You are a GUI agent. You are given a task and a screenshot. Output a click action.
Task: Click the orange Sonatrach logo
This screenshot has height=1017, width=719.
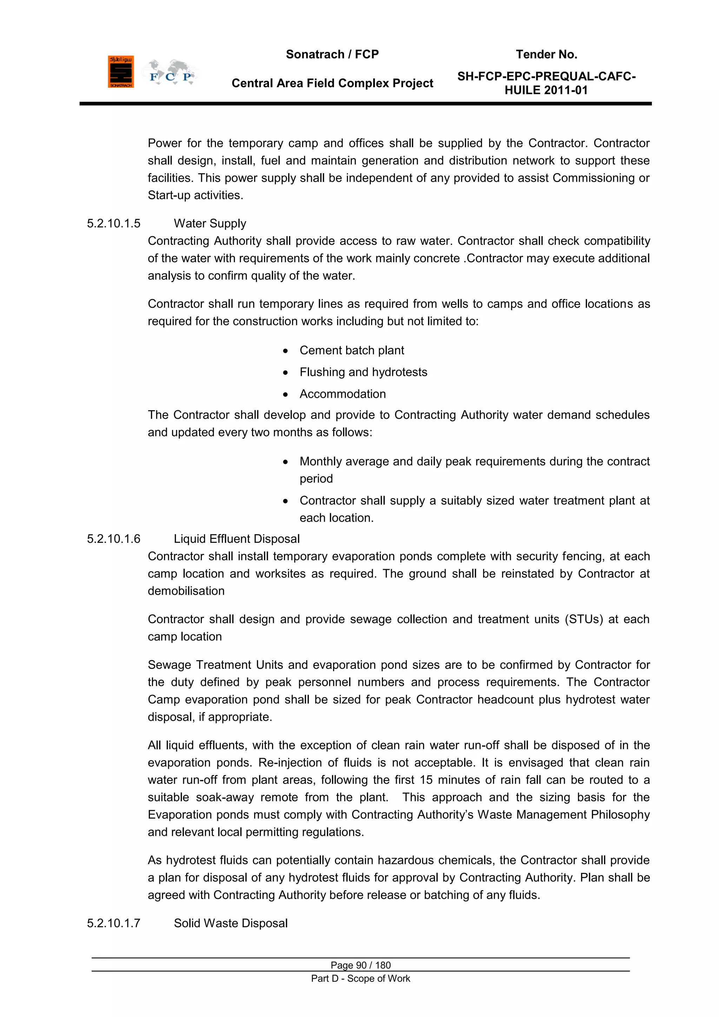click(120, 71)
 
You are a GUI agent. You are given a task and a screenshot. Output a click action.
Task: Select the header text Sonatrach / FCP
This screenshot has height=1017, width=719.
click(332, 54)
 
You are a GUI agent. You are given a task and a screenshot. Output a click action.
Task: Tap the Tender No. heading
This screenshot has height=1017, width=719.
click(546, 54)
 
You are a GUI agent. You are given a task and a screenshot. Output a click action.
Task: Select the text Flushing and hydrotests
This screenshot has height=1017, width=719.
click(363, 372)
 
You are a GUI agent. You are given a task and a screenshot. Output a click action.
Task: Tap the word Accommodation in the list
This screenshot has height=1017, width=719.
click(342, 394)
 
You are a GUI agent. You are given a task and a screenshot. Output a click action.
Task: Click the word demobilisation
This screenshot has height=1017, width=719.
click(186, 591)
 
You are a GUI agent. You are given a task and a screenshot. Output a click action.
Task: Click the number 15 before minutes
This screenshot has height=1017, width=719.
click(426, 780)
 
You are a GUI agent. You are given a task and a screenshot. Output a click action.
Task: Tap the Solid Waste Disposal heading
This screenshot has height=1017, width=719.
click(230, 923)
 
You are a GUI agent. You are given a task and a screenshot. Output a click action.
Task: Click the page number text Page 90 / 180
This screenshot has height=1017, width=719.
click(361, 965)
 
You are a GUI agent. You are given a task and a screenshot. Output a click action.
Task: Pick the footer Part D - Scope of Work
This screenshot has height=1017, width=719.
click(361, 978)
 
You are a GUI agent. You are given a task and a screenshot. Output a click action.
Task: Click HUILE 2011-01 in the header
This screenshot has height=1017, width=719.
click(546, 90)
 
